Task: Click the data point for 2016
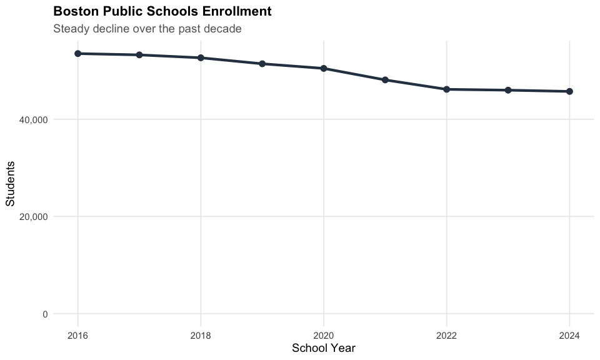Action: [x=78, y=54]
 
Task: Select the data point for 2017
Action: [x=139, y=55]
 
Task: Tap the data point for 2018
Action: [x=201, y=57]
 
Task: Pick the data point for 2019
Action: [x=262, y=64]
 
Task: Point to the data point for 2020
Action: [x=324, y=68]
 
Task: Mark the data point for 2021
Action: [x=385, y=80]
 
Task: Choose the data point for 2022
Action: [x=447, y=89]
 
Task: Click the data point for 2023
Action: [x=508, y=90]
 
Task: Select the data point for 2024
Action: [x=569, y=91]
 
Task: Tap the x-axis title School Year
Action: [x=324, y=348]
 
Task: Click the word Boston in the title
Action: [x=73, y=11]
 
